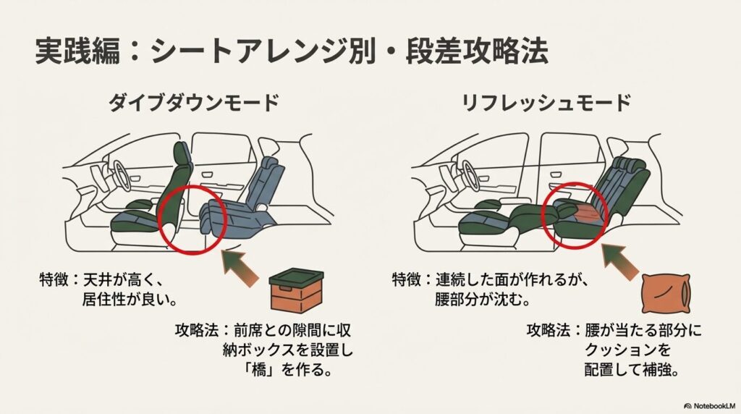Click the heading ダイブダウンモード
pyautogui.click(x=193, y=103)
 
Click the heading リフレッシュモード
pyautogui.click(x=547, y=103)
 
